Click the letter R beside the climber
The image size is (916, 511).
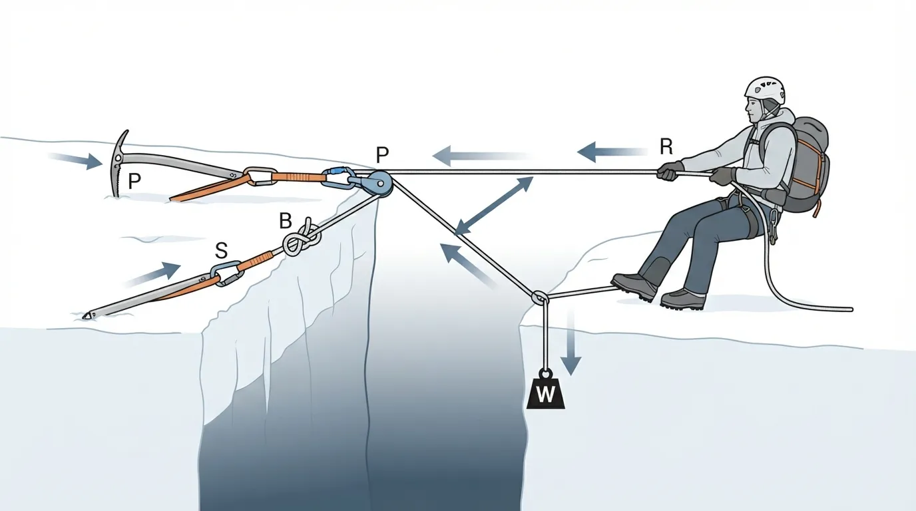(x=666, y=146)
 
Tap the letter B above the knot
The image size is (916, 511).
(x=285, y=221)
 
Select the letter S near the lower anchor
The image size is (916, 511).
(x=221, y=251)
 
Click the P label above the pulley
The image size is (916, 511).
(x=382, y=155)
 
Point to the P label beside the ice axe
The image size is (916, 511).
(x=134, y=181)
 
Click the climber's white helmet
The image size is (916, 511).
(x=765, y=92)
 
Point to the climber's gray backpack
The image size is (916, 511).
(x=803, y=164)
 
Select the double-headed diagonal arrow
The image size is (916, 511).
(x=494, y=206)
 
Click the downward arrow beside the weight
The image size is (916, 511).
(x=571, y=341)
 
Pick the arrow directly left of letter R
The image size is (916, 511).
(x=611, y=152)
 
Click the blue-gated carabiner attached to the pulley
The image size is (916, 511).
(x=338, y=178)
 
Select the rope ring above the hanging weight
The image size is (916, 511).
(x=540, y=297)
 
